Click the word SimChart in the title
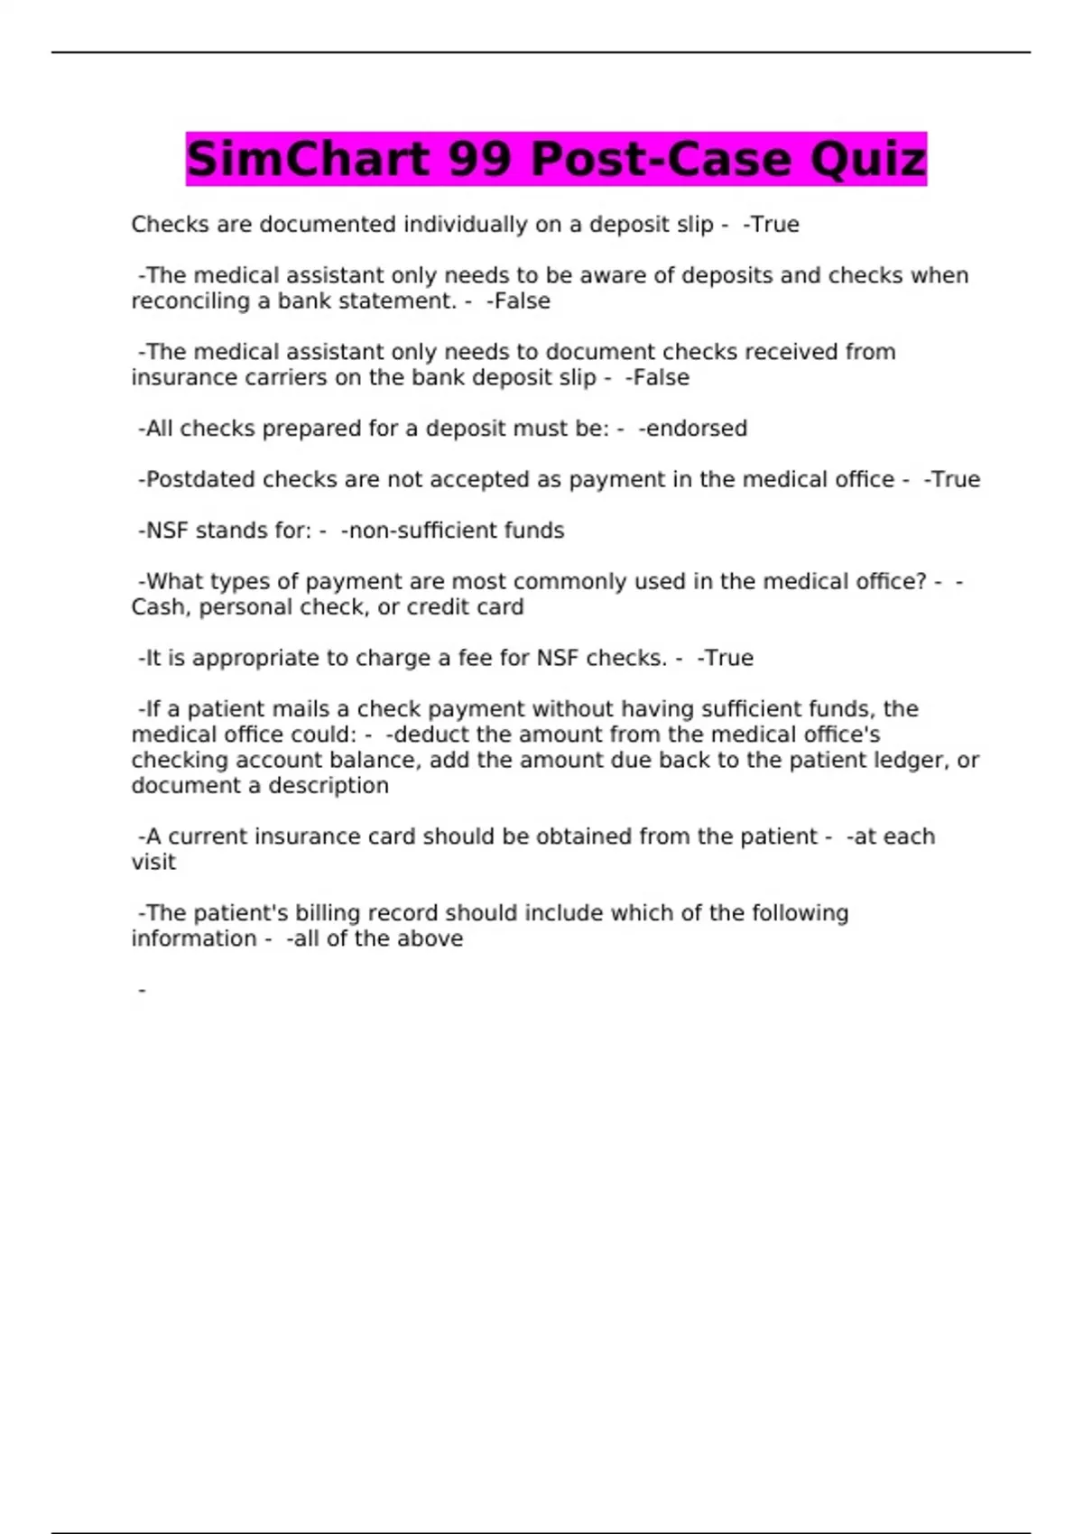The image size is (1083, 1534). [308, 160]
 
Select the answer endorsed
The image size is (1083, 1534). [693, 429]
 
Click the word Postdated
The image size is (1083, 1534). [199, 480]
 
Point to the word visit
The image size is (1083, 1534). [153, 863]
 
